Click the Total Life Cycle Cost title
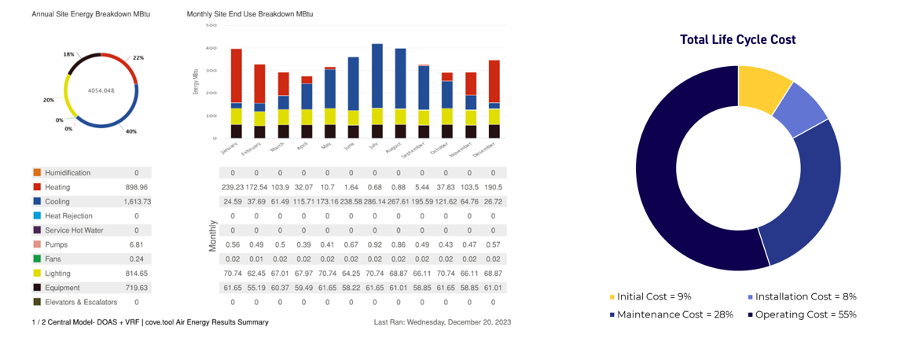point(738,40)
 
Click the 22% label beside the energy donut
point(138,58)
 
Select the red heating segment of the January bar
point(236,75)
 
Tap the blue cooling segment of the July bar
point(377,75)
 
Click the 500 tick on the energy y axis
point(211,25)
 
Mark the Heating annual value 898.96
point(137,187)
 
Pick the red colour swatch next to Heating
point(36,187)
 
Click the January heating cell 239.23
point(233,187)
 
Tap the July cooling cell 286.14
point(376,201)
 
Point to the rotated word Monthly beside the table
point(212,235)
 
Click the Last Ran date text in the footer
point(443,322)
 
